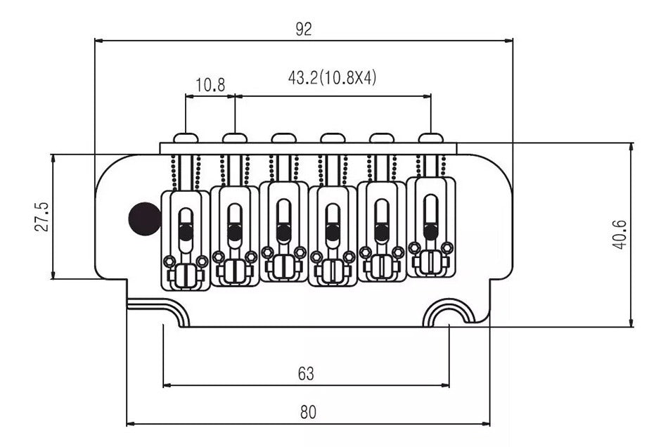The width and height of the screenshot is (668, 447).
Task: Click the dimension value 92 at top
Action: [304, 29]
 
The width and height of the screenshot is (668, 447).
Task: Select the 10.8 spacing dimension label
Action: [210, 86]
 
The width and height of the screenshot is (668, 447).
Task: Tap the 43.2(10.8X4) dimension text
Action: [332, 78]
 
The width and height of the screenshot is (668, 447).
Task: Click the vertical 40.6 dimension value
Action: [619, 234]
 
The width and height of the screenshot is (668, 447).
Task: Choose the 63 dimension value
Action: [305, 373]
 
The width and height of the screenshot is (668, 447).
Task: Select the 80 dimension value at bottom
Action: [308, 413]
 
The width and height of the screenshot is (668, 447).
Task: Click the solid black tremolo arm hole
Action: [144, 218]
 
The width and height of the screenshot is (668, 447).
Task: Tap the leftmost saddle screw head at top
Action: [186, 138]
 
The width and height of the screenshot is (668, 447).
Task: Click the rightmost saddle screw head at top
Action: [430, 138]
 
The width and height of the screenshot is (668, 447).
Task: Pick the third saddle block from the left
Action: [283, 232]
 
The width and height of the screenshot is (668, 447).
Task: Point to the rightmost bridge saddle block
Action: [430, 226]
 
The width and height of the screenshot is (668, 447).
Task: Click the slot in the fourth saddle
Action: [333, 225]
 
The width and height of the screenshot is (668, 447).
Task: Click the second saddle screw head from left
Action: [234, 138]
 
